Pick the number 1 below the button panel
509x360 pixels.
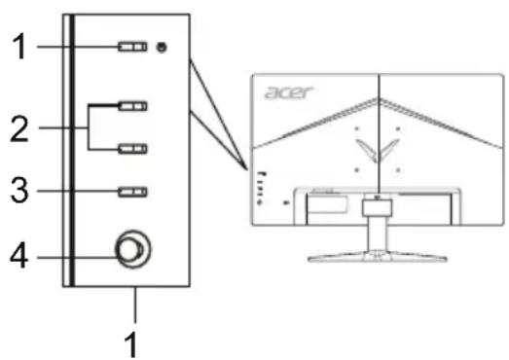135,342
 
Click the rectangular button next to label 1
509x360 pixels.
131,47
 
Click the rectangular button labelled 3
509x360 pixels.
131,192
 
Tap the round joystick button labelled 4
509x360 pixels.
129,250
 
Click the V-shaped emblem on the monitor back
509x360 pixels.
375,148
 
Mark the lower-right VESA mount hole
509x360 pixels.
398,168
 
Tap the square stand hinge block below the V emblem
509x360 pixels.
376,206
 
